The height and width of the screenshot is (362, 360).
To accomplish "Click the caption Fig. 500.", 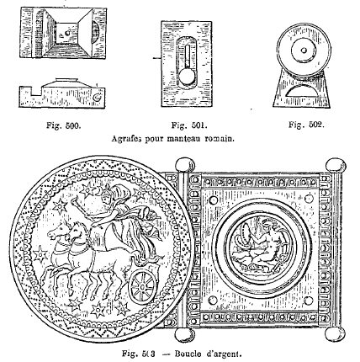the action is pyautogui.click(x=64, y=125).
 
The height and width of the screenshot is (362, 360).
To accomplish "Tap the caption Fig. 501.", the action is pyautogui.click(x=189, y=125).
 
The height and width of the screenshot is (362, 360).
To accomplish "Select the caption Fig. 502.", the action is pyautogui.click(x=306, y=125).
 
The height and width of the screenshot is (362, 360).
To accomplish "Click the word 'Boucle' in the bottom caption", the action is pyautogui.click(x=188, y=354).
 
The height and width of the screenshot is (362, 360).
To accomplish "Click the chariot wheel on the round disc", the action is pyautogui.click(x=142, y=287).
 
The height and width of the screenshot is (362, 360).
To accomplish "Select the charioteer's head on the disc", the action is pyautogui.click(x=108, y=197).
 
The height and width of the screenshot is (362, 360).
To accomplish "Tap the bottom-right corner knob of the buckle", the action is pyautogui.click(x=335, y=334).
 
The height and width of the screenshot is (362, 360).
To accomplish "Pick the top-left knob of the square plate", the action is pyautogui.click(x=185, y=166).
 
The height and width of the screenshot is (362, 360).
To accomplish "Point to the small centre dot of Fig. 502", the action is pyautogui.click(x=304, y=51).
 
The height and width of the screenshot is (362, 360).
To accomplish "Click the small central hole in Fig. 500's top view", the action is pyautogui.click(x=67, y=34).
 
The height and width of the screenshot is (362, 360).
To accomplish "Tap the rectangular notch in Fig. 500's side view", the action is pyautogui.click(x=36, y=91).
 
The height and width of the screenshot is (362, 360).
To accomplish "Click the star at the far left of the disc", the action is pyautogui.click(x=40, y=253).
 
